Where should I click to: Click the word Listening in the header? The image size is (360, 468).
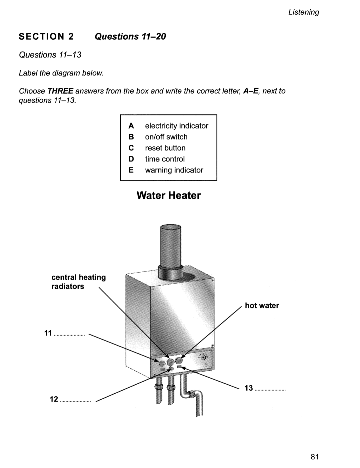tap(303, 12)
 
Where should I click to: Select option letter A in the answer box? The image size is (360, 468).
tap(131, 126)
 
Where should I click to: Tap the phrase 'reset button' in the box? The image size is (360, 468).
tap(165, 148)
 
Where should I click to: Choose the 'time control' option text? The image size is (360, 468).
tap(165, 159)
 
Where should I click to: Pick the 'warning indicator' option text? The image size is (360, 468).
tap(174, 170)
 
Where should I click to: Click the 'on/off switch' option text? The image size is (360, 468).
tap(166, 137)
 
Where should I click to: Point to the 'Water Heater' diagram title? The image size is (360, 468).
tap(169, 195)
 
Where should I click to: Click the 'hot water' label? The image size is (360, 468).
tap(262, 305)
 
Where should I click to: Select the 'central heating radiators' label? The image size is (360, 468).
tap(78, 282)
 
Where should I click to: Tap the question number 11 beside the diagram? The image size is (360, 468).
tap(48, 333)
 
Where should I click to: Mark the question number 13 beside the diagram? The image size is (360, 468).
tap(249, 388)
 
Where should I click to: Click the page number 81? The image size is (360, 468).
tap(314, 457)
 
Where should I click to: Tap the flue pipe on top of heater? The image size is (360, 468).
tap(170, 247)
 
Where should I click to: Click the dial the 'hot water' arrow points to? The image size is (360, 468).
tap(179, 360)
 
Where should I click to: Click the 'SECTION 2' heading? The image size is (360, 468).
tap(46, 36)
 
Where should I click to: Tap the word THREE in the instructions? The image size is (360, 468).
tap(60, 91)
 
